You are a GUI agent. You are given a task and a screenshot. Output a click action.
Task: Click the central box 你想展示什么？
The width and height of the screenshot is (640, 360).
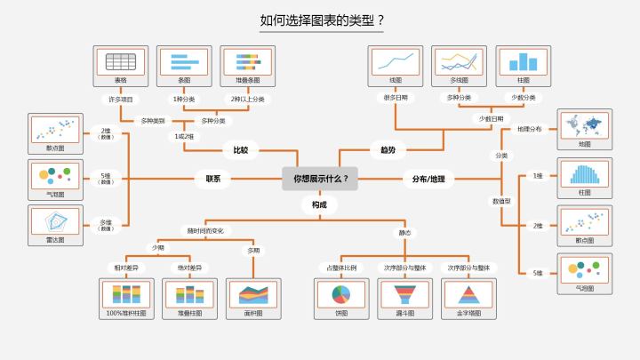(x=320, y=178)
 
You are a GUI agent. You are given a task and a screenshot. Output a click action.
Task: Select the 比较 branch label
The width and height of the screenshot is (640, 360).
(x=241, y=150)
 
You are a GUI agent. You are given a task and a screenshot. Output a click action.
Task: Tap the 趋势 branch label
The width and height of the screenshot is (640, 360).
(x=388, y=150)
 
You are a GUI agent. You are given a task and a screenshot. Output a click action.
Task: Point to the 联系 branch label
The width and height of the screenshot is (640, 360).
(x=212, y=179)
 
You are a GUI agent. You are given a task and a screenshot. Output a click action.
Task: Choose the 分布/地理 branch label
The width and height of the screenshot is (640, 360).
(x=428, y=179)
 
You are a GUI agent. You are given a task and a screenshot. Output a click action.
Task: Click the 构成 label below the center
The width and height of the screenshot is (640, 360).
(x=319, y=205)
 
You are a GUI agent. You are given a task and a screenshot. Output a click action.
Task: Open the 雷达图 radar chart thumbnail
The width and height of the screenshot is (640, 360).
(x=55, y=221)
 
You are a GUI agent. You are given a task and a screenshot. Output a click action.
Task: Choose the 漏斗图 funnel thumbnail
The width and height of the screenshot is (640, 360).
(x=405, y=295)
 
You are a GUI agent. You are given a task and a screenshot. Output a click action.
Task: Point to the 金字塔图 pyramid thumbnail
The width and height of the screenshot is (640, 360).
(x=468, y=295)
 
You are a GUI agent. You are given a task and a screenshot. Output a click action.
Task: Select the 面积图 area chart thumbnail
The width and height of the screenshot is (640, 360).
(x=253, y=295)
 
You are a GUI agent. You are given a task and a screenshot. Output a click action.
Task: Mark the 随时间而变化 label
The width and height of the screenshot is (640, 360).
(x=206, y=230)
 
